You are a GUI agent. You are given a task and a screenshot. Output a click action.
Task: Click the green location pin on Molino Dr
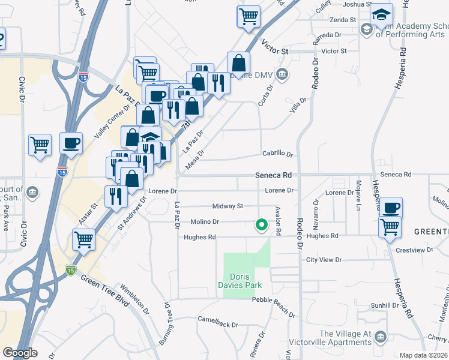pyautogui.click(x=261, y=225)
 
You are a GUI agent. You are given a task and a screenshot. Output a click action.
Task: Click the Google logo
pyautogui.click(x=20, y=353)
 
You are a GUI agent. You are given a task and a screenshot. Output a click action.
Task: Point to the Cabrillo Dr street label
pyautogui.click(x=277, y=154)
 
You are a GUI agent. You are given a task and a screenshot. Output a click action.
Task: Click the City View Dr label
pyautogui.click(x=324, y=260)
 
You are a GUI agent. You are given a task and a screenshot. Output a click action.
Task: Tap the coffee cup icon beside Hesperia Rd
pyautogui.click(x=391, y=208)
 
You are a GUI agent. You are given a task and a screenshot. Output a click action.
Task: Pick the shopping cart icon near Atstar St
pyautogui.click(x=83, y=239)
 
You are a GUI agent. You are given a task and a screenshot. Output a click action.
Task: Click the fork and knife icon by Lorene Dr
pyautogui.click(x=115, y=196)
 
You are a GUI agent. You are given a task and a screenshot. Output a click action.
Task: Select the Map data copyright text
pyautogui.click(x=423, y=355)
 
